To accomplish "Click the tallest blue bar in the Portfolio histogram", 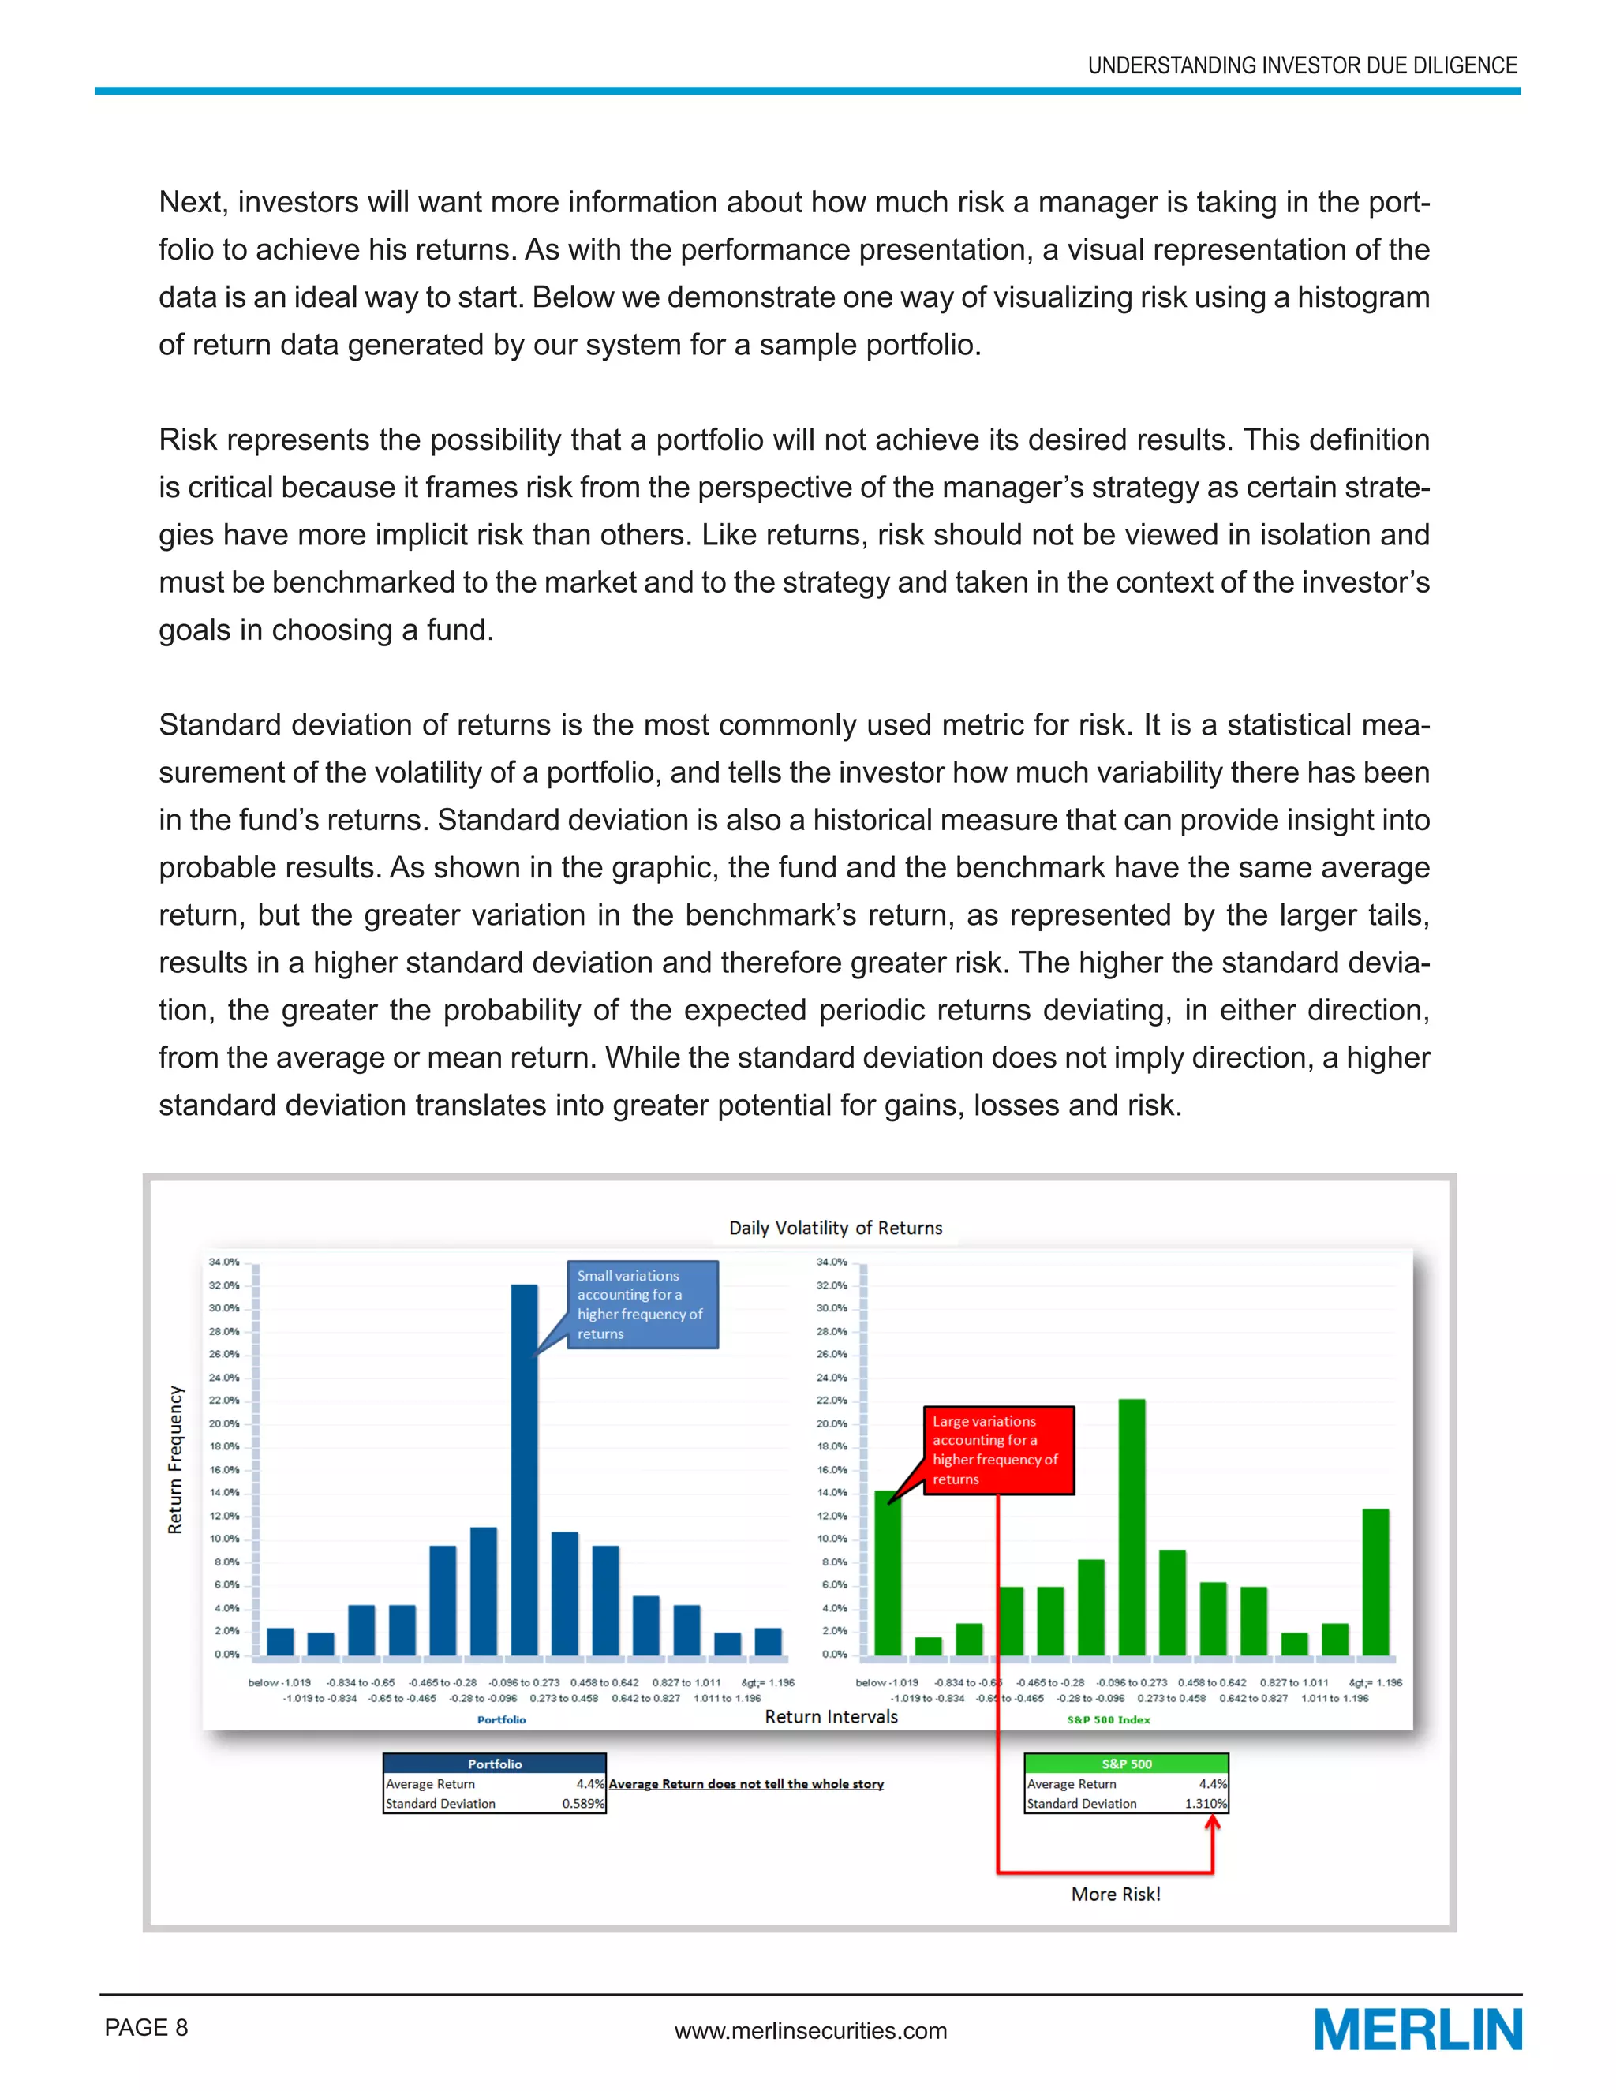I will [524, 1470].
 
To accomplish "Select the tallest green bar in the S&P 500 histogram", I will [1132, 1528].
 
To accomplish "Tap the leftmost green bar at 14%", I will [888, 1575].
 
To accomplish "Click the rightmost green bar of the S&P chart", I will [1375, 1583].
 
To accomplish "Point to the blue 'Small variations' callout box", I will [642, 1304].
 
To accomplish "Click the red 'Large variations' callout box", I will [998, 1449].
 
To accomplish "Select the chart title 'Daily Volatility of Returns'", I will [835, 1228].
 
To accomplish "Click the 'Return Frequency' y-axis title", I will [175, 1459].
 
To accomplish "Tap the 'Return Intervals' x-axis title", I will [831, 1717].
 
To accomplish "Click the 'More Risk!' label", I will [1115, 1894].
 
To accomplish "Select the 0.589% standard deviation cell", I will [583, 1804].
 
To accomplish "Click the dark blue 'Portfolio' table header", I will [494, 1764].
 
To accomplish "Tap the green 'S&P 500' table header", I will [1126, 1764].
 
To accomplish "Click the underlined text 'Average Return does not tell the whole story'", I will [746, 1784].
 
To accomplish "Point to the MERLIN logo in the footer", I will [1417, 2029].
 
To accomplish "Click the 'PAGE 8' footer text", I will [147, 2027].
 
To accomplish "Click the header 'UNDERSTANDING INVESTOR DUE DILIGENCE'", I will [1302, 65].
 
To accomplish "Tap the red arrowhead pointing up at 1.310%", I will [1212, 1823].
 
